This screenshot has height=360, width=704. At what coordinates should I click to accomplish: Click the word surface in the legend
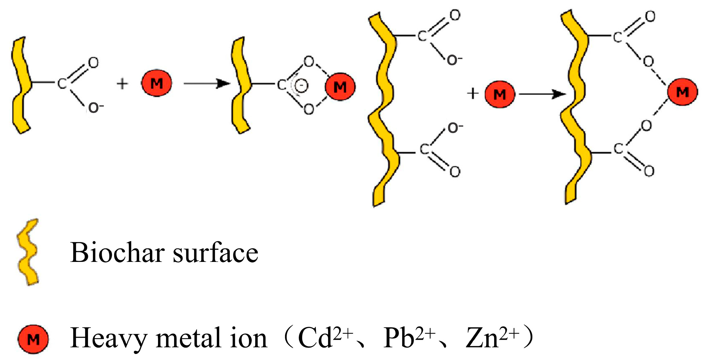point(216,252)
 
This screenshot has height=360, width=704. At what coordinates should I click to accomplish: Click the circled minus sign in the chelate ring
point(301,86)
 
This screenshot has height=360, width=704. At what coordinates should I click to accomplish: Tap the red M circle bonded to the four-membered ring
point(340,87)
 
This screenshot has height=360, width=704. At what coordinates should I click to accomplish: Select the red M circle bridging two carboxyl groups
point(682,92)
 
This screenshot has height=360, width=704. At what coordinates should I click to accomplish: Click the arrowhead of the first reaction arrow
point(223,83)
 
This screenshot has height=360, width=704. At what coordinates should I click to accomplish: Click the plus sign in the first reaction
point(122,84)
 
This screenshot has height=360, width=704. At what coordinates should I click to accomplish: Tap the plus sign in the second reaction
point(473,93)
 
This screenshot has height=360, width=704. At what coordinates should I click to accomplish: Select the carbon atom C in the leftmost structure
point(62,83)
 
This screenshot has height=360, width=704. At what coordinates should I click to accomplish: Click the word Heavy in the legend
point(108,337)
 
